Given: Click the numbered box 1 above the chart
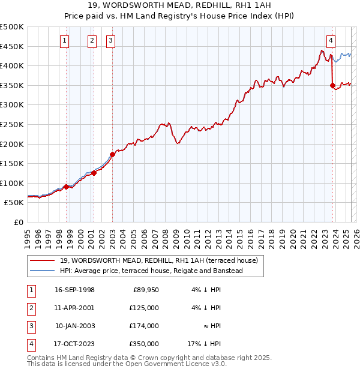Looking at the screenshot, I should (64, 41).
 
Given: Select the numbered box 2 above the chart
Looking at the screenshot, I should (92, 41).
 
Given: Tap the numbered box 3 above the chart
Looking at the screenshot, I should (112, 41).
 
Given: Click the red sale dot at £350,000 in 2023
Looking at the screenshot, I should (332, 86).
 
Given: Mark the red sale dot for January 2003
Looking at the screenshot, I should (112, 154).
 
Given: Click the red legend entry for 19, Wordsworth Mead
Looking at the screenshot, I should (158, 260).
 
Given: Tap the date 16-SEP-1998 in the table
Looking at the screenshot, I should (74, 290).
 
